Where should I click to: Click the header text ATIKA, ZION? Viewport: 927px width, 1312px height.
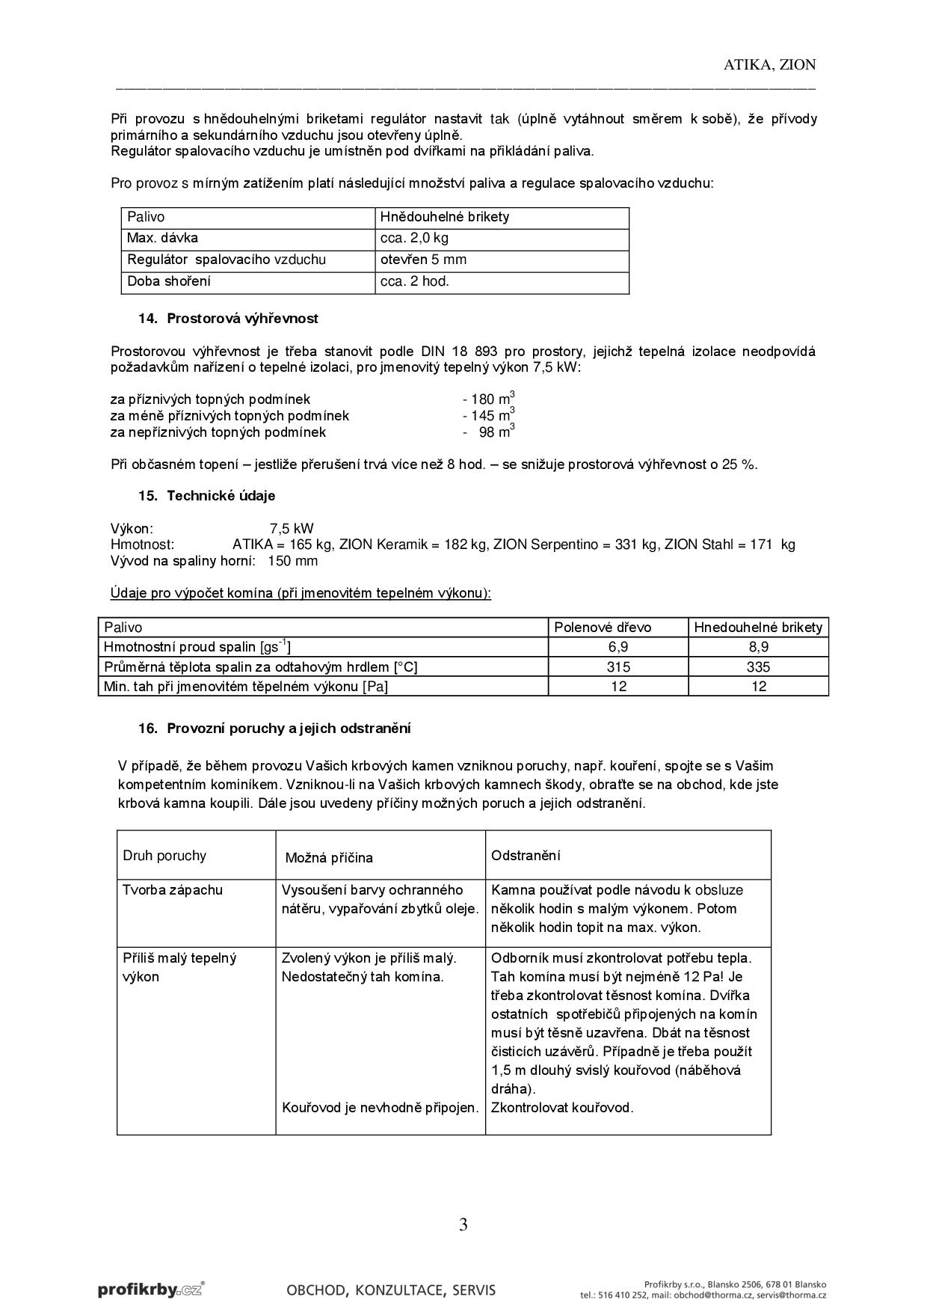pos(769,65)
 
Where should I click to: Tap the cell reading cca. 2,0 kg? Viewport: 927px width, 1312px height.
pos(414,239)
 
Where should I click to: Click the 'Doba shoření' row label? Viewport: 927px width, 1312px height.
pos(169,282)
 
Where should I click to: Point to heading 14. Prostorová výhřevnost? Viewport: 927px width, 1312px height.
pos(228,319)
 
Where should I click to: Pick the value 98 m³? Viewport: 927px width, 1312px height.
pos(496,432)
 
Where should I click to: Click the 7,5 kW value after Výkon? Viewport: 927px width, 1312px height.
pos(292,529)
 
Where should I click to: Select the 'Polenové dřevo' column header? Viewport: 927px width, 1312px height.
pos(603,628)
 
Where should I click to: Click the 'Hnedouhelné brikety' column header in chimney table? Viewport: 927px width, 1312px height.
pos(758,628)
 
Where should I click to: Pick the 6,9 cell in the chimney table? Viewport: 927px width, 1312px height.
pos(618,647)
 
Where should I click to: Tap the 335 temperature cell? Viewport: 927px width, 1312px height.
pos(758,667)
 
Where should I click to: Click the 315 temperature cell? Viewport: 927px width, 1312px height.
pos(618,667)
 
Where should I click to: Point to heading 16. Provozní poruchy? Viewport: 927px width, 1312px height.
pos(274,729)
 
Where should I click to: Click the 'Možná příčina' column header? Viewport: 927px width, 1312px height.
pos(329,858)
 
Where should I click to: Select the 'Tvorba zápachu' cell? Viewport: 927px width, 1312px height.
pos(173,890)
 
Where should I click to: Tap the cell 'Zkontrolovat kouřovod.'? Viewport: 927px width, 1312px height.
pos(562,1108)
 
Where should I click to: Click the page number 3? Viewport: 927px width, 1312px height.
pos(463,1224)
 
